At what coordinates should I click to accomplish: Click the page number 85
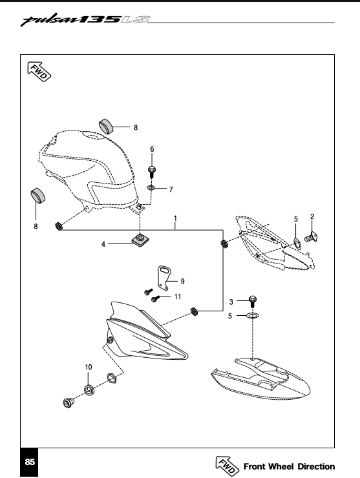[x=30, y=462]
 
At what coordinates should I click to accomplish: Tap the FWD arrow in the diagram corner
[x=39, y=71]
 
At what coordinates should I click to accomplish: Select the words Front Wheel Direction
[x=289, y=466]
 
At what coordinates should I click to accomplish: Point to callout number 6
[x=152, y=149]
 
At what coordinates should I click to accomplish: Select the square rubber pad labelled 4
[x=140, y=239]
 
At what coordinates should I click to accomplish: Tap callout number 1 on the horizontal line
[x=175, y=218]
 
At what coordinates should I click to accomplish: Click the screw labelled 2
[x=311, y=237]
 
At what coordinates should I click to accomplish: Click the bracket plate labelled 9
[x=164, y=277]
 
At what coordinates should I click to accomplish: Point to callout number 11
[x=178, y=296]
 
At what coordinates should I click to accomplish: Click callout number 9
[x=182, y=281]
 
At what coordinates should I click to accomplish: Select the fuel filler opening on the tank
[x=95, y=136]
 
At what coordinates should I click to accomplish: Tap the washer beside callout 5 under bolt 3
[x=252, y=315]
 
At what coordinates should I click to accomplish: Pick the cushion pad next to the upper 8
[x=105, y=126]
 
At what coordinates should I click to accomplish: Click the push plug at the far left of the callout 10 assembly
[x=68, y=402]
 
